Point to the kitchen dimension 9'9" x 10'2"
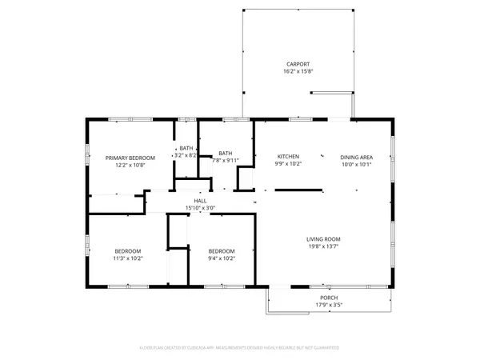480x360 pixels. point(287,163)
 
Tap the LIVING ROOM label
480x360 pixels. point(323,239)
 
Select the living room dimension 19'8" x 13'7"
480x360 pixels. point(323,247)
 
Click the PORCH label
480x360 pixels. point(329,297)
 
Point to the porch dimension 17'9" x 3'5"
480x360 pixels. point(329,305)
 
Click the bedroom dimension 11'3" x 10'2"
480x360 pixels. point(127,258)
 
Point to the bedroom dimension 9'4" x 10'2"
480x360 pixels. point(222,258)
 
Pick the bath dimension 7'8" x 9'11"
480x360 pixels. point(226,161)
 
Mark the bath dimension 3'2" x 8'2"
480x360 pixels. point(186,155)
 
